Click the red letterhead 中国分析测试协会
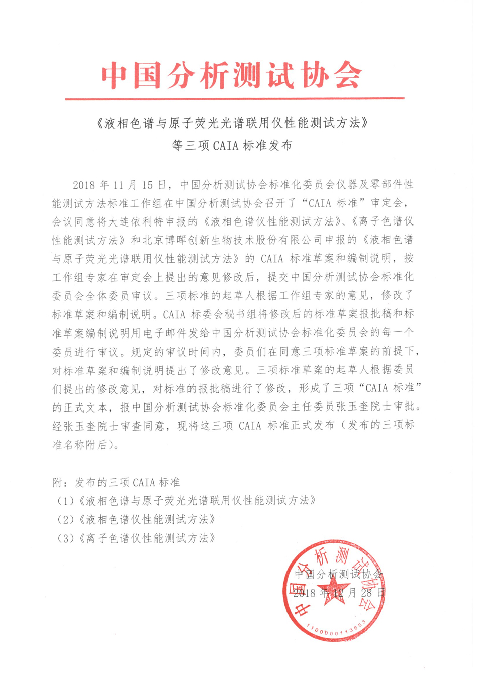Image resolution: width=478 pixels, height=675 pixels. click(231, 76)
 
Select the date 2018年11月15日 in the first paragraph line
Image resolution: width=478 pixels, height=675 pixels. click(119, 185)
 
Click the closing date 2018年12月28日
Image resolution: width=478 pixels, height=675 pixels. click(339, 593)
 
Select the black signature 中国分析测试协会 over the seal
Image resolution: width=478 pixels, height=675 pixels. click(338, 574)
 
